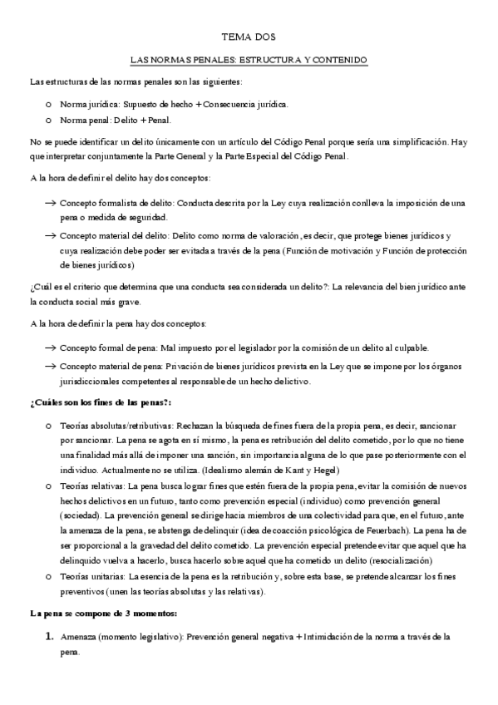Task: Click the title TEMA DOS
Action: pyautogui.click(x=249, y=37)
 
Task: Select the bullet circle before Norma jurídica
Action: pyautogui.click(x=50, y=106)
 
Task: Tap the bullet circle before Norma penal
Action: pyautogui.click(x=50, y=121)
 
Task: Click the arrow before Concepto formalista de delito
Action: pyautogui.click(x=50, y=203)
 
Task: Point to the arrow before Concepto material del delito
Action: pyautogui.click(x=50, y=236)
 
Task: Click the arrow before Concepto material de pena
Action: pyautogui.click(x=50, y=367)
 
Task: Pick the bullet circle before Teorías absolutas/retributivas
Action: pyautogui.click(x=50, y=426)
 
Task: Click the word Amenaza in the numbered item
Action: pyautogui.click(x=80, y=637)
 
